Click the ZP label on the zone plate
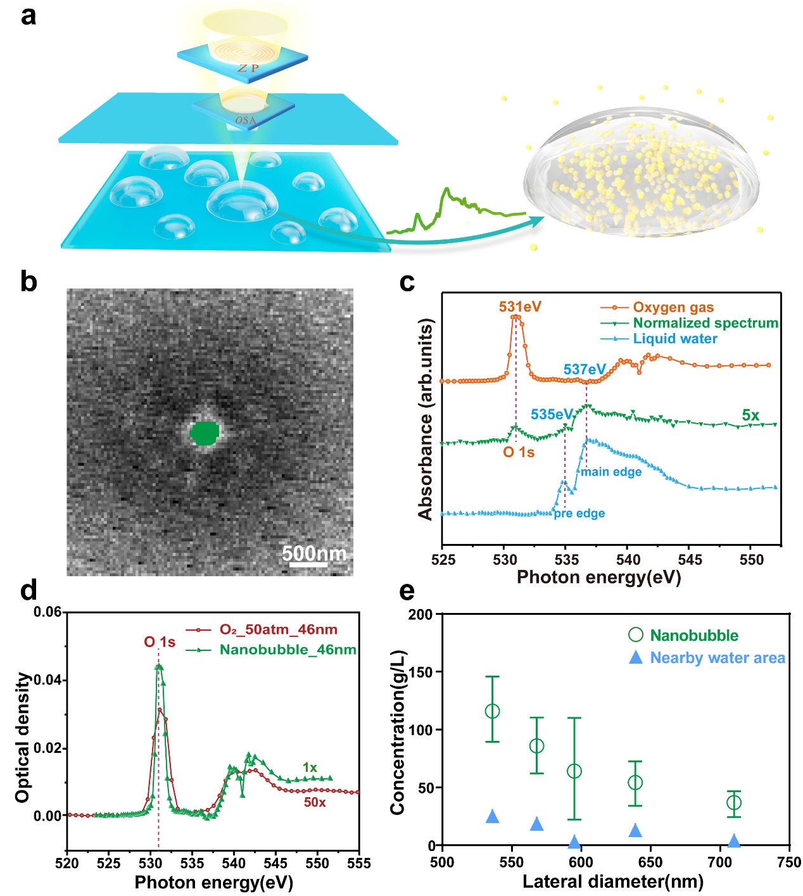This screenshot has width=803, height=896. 248,68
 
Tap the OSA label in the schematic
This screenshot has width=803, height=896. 246,120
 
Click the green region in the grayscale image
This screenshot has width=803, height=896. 205,433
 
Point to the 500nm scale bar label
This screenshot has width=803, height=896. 314,553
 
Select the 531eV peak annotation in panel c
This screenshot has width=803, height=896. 520,307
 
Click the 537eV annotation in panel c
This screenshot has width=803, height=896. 585,369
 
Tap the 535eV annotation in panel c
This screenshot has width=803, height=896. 552,414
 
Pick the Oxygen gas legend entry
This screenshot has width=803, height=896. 673,308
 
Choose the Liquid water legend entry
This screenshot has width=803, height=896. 675,339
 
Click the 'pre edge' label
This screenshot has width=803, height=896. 579,514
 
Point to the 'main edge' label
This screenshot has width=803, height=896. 611,472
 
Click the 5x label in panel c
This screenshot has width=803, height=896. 750,415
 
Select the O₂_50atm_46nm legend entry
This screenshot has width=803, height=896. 278,629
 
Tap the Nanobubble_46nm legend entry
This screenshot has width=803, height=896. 288,650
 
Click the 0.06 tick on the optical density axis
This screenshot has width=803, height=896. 47,612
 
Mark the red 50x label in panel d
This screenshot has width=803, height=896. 315,802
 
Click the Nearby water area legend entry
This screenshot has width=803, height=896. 718,658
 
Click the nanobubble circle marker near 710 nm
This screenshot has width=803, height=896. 734,803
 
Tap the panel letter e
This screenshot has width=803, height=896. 407,591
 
